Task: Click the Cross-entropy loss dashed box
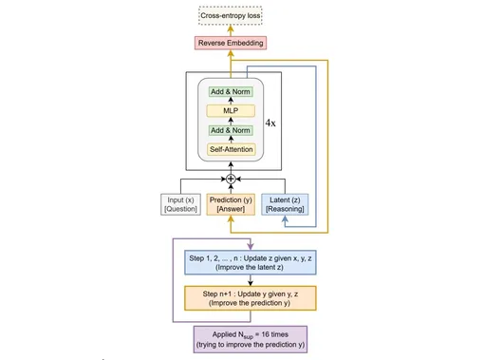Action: (x=231, y=16)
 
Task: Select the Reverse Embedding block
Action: (x=231, y=44)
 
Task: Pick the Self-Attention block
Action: (x=231, y=149)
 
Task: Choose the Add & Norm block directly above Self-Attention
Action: (x=231, y=131)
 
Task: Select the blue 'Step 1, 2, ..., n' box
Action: (x=249, y=262)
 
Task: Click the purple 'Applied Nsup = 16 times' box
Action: (x=249, y=337)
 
